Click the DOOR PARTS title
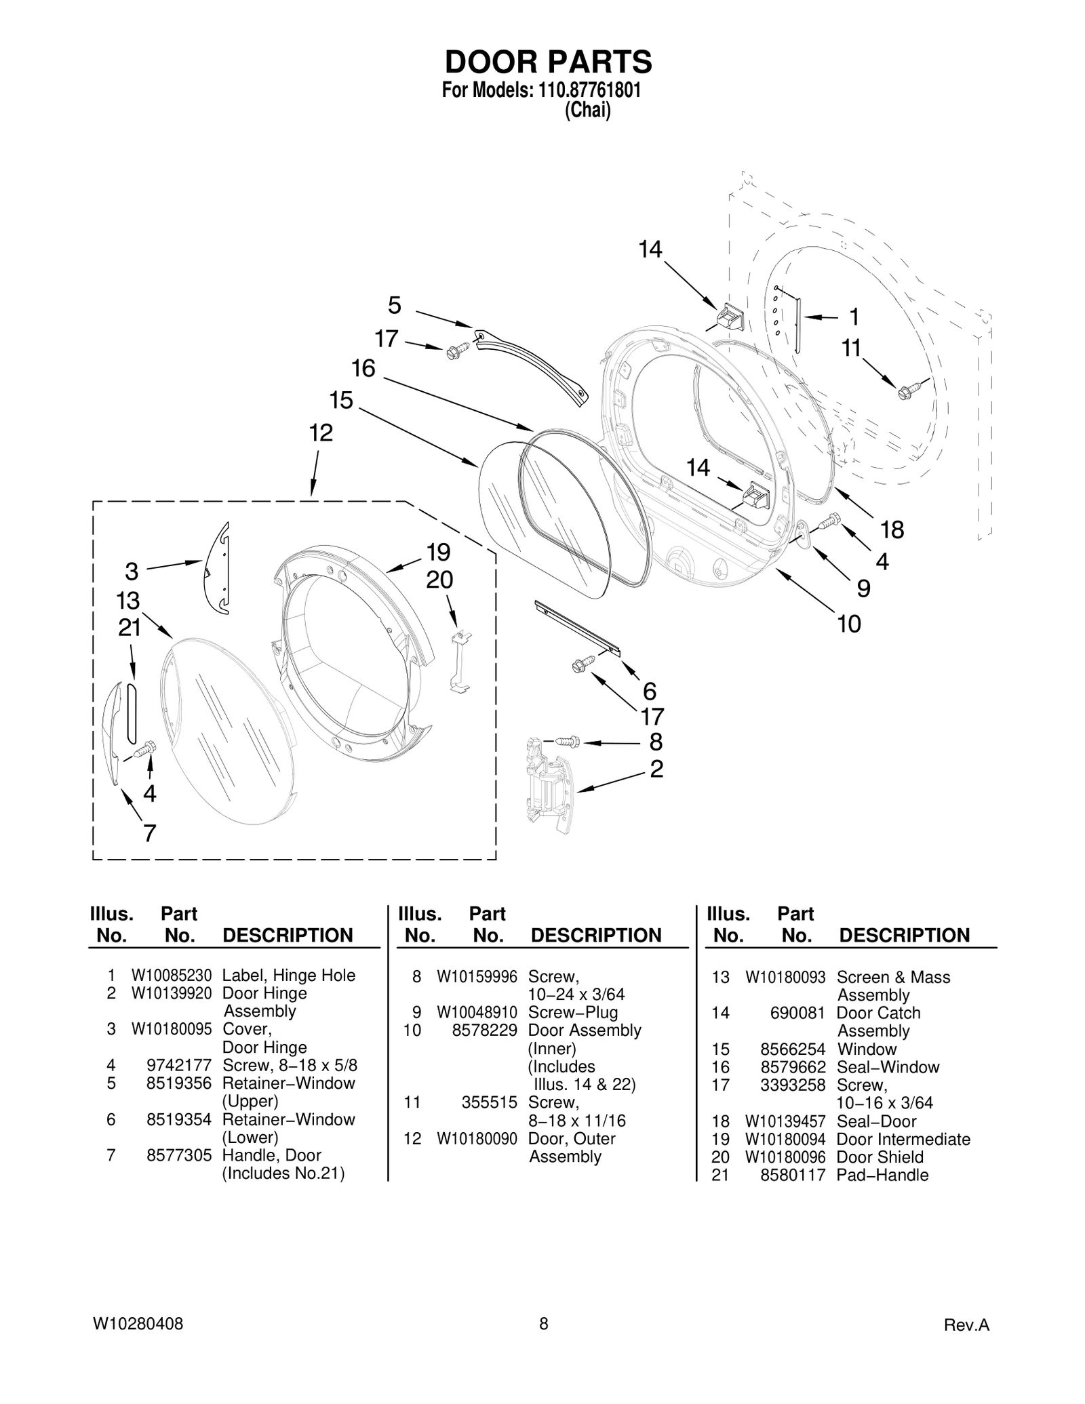(x=548, y=62)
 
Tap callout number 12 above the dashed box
(x=321, y=433)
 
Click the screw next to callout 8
(x=568, y=742)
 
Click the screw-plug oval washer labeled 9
(x=802, y=534)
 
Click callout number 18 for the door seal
(x=892, y=529)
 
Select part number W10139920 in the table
(x=172, y=993)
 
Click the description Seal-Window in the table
(x=888, y=1067)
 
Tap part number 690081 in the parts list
(x=797, y=1013)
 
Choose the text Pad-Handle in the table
(x=882, y=1175)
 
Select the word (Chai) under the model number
(x=587, y=111)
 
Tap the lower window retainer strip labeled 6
(x=576, y=628)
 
